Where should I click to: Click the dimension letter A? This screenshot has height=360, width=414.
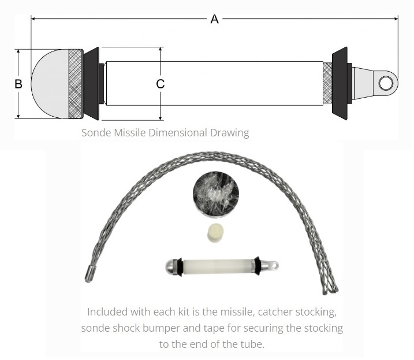214,19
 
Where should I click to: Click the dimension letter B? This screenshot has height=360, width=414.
18,84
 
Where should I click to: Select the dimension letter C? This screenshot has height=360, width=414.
161,84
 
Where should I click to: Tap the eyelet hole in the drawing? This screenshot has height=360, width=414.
386,83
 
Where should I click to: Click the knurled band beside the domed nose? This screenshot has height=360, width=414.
75,84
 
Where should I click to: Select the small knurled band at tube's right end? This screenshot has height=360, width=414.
327,83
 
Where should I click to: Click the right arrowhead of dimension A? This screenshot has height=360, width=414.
396,18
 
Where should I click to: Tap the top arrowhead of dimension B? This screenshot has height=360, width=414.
18,52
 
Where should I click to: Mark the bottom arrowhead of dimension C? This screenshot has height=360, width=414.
161,118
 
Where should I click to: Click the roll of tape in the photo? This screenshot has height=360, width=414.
216,195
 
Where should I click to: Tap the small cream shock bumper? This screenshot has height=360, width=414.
215,233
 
